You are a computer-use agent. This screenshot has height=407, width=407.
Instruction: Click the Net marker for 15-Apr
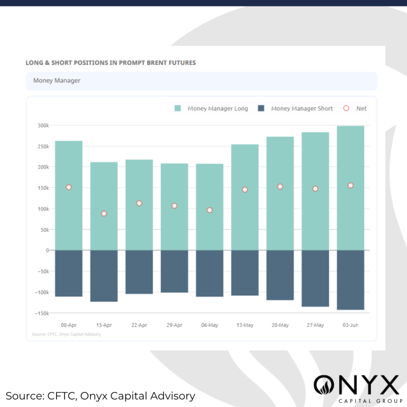click(x=104, y=213)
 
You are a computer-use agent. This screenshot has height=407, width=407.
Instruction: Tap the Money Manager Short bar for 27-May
click(x=315, y=278)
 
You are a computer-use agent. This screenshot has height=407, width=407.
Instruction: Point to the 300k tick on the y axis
click(x=43, y=126)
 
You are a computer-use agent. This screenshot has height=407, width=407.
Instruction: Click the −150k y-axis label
click(x=41, y=313)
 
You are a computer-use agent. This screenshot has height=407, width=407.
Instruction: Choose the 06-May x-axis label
click(x=209, y=325)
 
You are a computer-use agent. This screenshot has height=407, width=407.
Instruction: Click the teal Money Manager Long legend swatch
click(x=178, y=109)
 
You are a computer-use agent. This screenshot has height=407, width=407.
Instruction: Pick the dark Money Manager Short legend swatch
click(x=261, y=109)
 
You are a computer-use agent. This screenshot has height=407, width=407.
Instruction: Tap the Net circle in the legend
click(x=346, y=109)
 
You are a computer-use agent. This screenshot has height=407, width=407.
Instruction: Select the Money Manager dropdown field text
click(x=57, y=81)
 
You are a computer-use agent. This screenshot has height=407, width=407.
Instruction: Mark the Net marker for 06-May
click(x=209, y=210)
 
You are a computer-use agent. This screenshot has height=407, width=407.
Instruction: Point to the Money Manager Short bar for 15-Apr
click(x=104, y=276)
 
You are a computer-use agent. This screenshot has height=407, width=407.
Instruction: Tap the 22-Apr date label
click(x=139, y=325)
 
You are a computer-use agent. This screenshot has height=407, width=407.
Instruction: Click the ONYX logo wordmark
click(x=356, y=385)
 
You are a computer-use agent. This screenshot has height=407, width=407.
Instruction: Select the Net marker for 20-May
click(x=280, y=186)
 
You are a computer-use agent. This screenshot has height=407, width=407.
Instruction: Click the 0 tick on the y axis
click(x=47, y=250)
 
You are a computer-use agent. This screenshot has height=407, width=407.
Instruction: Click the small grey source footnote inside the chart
click(x=66, y=334)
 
